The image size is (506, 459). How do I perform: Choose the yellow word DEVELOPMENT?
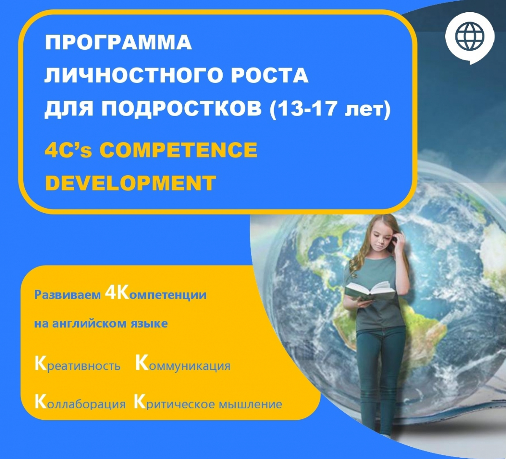[x=130, y=183]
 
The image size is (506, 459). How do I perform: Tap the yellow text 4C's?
[x=68, y=150]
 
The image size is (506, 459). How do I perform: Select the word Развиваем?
[x=67, y=295]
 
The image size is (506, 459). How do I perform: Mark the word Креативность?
[x=78, y=365]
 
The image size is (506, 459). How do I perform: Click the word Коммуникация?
[x=183, y=365]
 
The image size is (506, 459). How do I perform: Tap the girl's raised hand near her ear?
[x=399, y=241]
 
